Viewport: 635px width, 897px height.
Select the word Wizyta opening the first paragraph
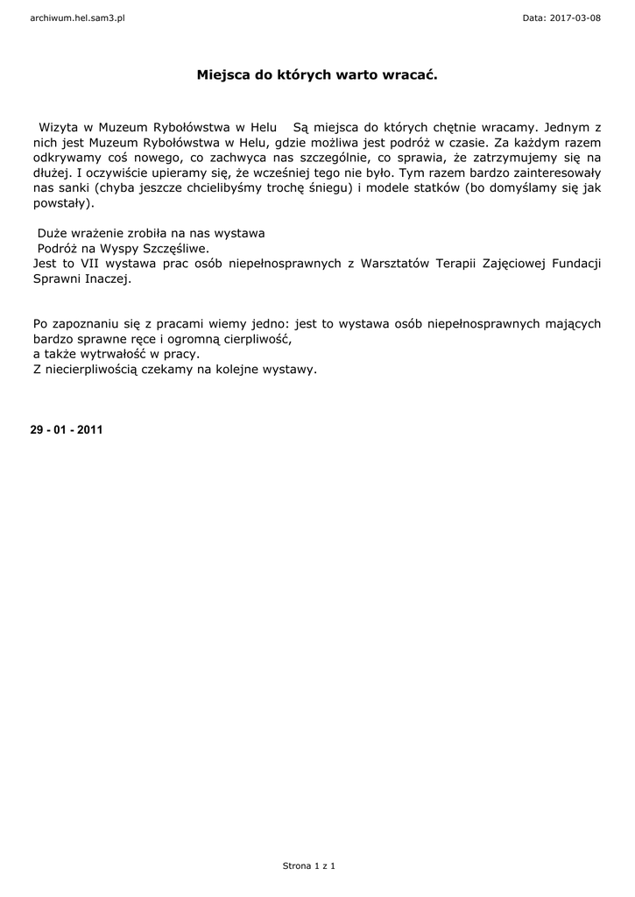[57, 127]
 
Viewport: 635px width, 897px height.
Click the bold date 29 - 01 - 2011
[67, 430]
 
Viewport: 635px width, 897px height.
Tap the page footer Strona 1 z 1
[309, 865]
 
